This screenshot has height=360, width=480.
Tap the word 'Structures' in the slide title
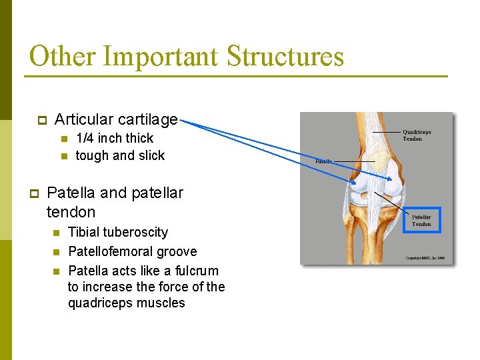[x=285, y=57]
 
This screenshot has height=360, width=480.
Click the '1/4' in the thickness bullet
[x=85, y=139]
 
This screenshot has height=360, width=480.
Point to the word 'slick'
[x=151, y=155]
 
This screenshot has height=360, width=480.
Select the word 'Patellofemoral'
[x=109, y=251]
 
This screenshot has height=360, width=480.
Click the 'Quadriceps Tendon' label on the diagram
[x=417, y=135]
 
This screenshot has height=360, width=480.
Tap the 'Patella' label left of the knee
[x=323, y=161]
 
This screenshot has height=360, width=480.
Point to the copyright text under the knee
[x=425, y=258]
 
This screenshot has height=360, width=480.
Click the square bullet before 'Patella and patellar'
[x=34, y=193]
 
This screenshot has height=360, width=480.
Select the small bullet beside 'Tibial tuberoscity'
[x=57, y=233]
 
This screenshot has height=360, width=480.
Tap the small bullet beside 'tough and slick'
[x=64, y=156]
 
